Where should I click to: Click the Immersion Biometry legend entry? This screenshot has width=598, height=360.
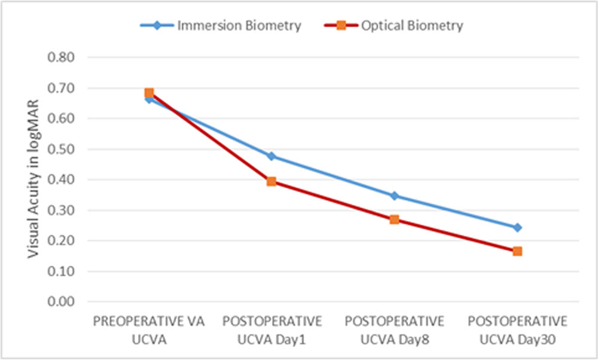pyautogui.click(x=221, y=26)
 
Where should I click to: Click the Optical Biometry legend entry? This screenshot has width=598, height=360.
pyautogui.click(x=393, y=26)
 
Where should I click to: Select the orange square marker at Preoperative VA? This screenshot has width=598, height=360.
pyautogui.click(x=149, y=93)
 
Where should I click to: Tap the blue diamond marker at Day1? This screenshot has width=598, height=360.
pyautogui.click(x=271, y=156)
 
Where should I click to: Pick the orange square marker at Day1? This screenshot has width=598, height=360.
pyautogui.click(x=271, y=182)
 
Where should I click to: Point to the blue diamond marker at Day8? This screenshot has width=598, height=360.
pyautogui.click(x=394, y=196)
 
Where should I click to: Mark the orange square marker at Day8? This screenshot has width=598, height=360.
pyautogui.click(x=394, y=219)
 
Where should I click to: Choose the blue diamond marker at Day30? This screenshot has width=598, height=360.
pyautogui.click(x=517, y=228)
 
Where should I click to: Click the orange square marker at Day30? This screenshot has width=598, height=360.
pyautogui.click(x=517, y=251)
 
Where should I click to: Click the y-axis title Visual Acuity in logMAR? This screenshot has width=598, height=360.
pyautogui.click(x=33, y=179)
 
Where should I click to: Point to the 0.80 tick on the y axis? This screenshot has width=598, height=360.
pyautogui.click(x=61, y=57)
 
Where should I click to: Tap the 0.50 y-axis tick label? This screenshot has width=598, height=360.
pyautogui.click(x=61, y=149)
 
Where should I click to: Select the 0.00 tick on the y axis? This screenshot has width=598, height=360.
pyautogui.click(x=61, y=301)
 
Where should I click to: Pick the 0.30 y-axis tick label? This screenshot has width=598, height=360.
pyautogui.click(x=61, y=210)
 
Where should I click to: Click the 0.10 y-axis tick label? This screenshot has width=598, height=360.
pyautogui.click(x=61, y=271)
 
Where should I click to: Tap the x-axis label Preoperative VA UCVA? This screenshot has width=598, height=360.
pyautogui.click(x=149, y=330)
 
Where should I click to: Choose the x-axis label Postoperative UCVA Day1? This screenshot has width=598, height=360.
pyautogui.click(x=272, y=330)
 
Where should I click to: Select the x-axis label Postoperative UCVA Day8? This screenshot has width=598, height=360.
pyautogui.click(x=395, y=330)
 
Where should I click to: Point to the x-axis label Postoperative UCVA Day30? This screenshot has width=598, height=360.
pyautogui.click(x=517, y=330)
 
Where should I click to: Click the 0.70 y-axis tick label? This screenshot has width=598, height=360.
pyautogui.click(x=61, y=88)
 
